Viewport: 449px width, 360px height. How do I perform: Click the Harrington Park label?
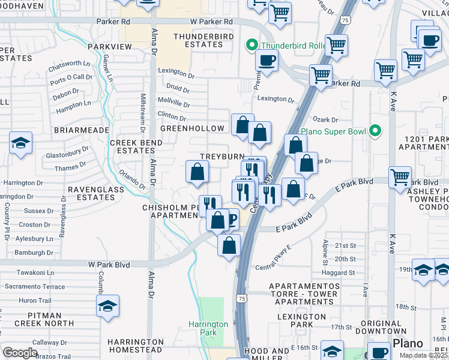pos(208,328)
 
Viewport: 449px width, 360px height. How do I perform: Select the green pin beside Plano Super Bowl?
pos(376,130)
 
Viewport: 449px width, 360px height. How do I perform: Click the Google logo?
pos(20,352)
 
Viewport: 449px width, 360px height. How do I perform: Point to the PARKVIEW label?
pos(109,46)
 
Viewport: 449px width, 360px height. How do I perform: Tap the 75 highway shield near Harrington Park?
pos(241,298)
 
